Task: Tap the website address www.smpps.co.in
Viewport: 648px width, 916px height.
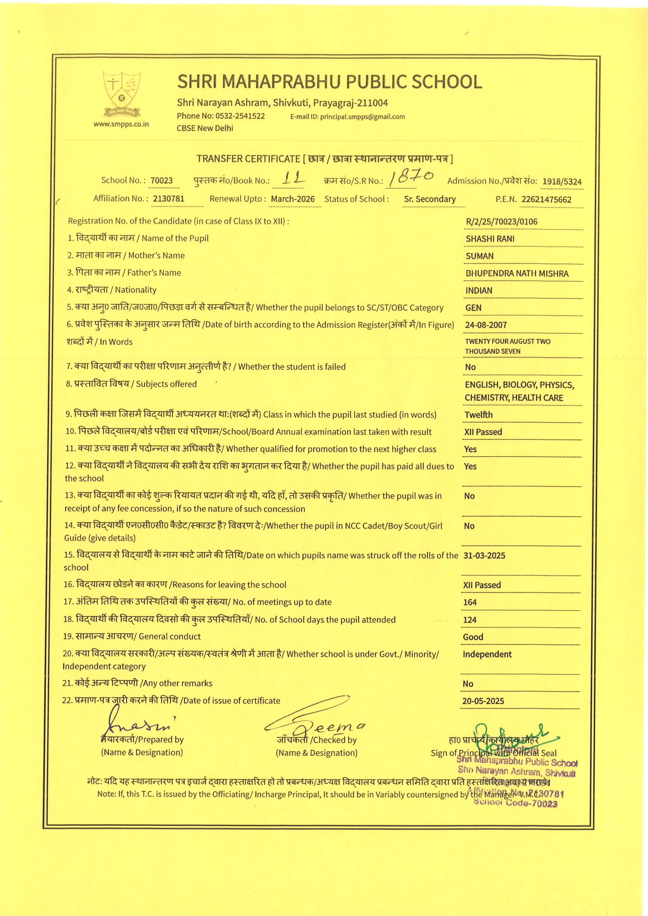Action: coord(121,124)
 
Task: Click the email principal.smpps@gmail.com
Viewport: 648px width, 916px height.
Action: coord(362,117)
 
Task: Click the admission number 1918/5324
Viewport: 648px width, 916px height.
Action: coord(562,182)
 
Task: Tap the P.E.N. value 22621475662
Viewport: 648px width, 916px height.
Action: coord(546,200)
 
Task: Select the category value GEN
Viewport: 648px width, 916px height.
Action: coord(473,308)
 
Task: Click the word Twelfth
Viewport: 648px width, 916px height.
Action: coord(478,415)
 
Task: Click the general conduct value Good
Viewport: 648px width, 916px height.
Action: coord(473,637)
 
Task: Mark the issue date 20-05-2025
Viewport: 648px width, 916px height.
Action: coord(483,701)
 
